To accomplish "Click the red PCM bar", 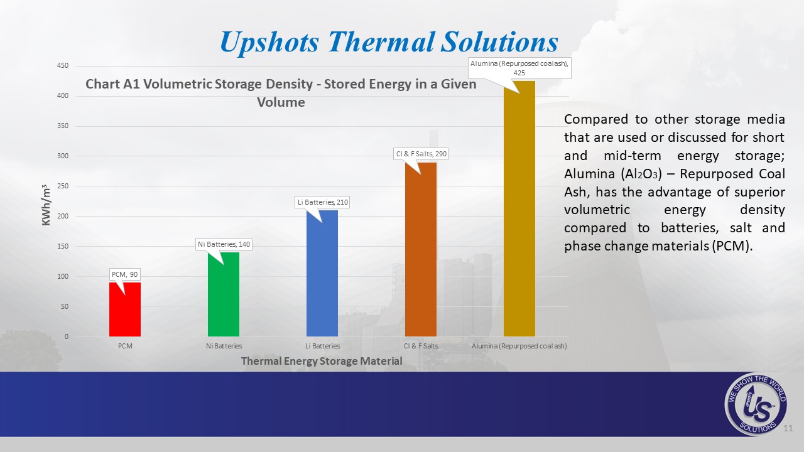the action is tap(125, 309).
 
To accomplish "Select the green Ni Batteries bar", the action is tap(224, 294).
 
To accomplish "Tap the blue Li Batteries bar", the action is tap(322, 273).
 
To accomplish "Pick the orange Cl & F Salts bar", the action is tap(421, 249).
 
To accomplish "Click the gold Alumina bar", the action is tap(519, 209).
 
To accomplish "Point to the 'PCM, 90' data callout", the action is tap(124, 274).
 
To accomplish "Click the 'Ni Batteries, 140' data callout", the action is tap(224, 244).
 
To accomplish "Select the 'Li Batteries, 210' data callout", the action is tap(322, 202).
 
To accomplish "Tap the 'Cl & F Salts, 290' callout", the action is tap(421, 154).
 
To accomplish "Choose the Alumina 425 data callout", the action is tap(519, 68).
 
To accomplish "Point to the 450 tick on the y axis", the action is tap(62, 66).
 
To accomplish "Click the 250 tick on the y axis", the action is tap(62, 186).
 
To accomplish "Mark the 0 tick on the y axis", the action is tap(67, 336).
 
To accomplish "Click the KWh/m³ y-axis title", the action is tap(46, 205).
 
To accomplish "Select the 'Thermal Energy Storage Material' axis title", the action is tap(322, 361).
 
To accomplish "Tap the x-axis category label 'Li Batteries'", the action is tap(322, 346).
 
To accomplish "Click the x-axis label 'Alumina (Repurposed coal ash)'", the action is tap(519, 346).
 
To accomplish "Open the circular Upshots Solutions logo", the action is tap(756, 404).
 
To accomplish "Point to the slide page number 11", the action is tap(788, 428).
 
